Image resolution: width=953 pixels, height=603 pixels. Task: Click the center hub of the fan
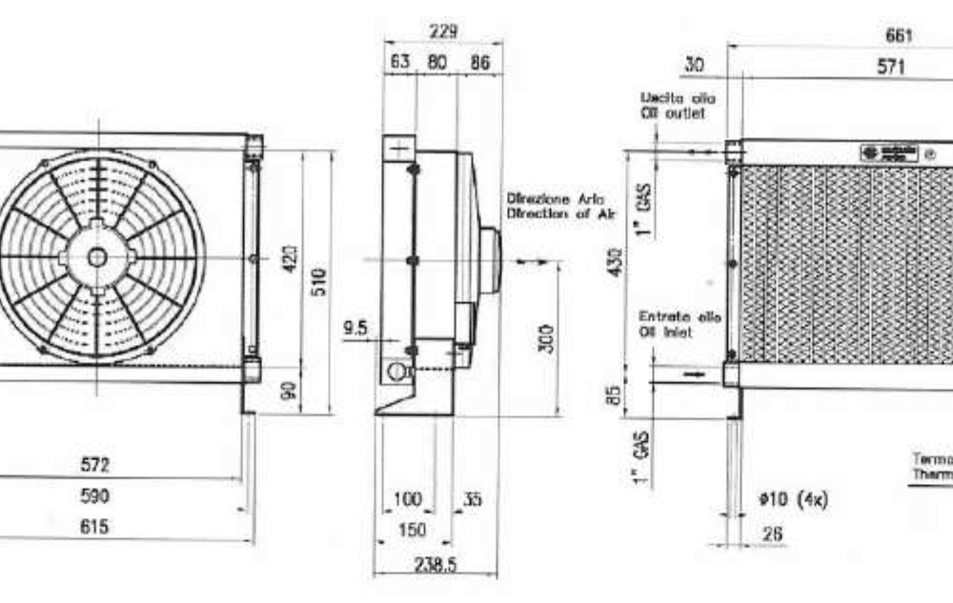tap(96, 257)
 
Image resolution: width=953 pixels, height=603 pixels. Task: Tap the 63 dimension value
tap(400, 63)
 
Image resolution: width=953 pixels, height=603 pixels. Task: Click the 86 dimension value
tap(480, 63)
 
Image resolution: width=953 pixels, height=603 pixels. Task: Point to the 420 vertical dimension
tap(292, 257)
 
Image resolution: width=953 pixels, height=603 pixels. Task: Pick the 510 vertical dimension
tap(320, 282)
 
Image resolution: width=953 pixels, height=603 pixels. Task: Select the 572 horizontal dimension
tap(94, 465)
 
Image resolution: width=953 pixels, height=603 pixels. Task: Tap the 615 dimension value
tap(94, 526)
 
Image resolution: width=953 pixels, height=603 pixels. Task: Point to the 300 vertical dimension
tap(546, 338)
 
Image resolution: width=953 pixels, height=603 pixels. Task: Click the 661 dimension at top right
tap(899, 34)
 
